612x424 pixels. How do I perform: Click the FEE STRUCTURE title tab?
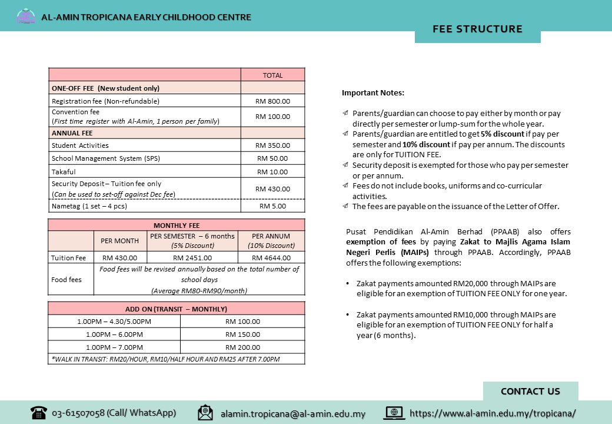pos(477,29)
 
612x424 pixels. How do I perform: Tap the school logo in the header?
pos(26,16)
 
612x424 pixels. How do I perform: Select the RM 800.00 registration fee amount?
pos(272,101)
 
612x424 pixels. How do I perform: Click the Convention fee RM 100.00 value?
pos(272,117)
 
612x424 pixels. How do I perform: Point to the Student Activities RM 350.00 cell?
pos(272,145)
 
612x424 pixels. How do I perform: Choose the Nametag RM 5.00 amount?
pos(272,206)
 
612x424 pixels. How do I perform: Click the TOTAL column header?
pos(272,75)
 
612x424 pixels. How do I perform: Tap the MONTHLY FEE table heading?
pos(177,226)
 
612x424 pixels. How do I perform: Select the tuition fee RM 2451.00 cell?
pos(192,258)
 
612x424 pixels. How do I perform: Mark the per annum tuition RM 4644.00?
pos(271,258)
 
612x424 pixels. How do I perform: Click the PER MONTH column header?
pos(120,241)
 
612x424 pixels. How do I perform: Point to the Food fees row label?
pos(66,280)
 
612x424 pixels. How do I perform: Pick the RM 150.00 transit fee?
pos(242,334)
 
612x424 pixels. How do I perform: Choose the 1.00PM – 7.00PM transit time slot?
pos(114,347)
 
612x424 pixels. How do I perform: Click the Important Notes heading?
pos(373,93)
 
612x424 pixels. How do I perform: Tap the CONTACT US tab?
pos(530,392)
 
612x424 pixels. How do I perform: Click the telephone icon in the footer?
pos(39,412)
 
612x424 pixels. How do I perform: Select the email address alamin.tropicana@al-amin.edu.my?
pos(292,414)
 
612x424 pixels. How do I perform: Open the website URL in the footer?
pos(493,413)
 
